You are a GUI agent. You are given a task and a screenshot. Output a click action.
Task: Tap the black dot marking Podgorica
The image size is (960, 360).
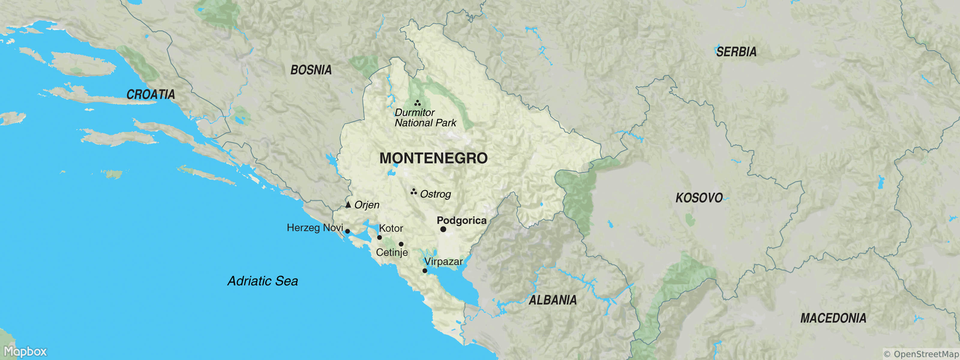(x=443, y=229)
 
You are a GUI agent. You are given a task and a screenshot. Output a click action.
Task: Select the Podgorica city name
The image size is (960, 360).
(x=461, y=220)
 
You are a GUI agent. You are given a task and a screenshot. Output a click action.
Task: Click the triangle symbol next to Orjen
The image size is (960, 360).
(x=348, y=205)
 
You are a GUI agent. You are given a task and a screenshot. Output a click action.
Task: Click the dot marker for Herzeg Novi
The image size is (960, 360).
(x=347, y=231)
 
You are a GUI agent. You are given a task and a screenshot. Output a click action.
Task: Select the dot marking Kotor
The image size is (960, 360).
(x=379, y=237)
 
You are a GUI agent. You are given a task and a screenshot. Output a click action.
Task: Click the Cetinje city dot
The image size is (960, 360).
(x=401, y=244)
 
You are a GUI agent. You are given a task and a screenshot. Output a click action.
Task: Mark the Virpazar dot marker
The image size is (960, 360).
(x=424, y=271)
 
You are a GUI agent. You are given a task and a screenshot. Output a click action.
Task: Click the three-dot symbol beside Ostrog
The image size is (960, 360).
(x=413, y=192)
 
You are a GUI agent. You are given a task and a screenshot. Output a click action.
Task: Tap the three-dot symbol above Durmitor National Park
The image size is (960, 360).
(x=417, y=103)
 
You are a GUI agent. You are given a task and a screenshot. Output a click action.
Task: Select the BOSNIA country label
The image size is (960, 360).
(x=311, y=70)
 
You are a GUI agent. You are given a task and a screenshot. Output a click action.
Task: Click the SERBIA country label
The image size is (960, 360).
(x=736, y=52)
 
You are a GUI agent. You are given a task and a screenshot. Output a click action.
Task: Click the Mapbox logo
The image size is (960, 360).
(x=25, y=351)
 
